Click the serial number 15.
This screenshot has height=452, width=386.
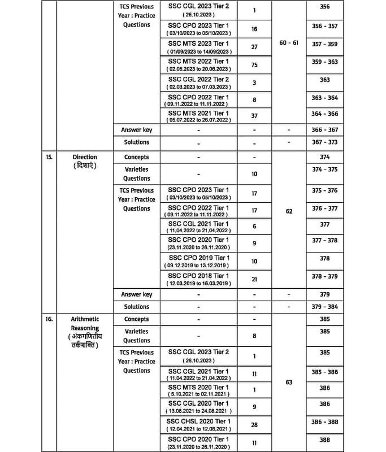point(49,157)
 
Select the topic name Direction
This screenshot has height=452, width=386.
point(85,157)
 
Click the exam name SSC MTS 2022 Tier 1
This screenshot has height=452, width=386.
point(198,61)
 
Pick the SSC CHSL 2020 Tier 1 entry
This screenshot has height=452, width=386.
point(198,422)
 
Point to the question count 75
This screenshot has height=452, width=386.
point(254,65)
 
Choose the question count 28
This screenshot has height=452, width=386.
point(254,426)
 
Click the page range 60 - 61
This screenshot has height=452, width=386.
point(289,43)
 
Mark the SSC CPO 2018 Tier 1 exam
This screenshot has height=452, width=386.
point(198,275)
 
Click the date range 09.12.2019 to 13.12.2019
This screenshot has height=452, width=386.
point(198,266)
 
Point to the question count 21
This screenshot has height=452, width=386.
point(254,279)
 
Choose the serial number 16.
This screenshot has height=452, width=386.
point(49,319)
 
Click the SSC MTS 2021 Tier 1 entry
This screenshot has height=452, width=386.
point(198,113)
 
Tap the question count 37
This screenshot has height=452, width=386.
point(254,116)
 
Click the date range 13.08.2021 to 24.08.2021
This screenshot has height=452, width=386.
point(198,411)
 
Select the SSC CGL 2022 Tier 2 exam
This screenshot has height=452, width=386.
point(198,79)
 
